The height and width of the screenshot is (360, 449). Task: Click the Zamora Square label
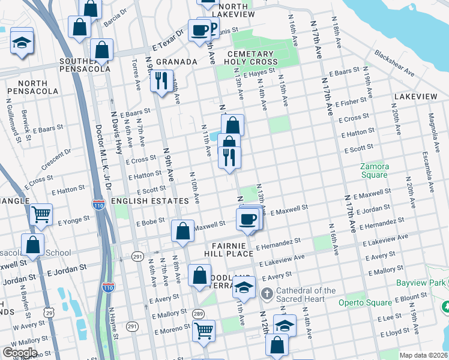pos(374,170)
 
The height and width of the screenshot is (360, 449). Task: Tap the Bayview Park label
pos(421,282)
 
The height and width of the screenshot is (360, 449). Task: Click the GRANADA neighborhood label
pos(177,62)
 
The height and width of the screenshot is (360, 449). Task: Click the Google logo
pos(20,352)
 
